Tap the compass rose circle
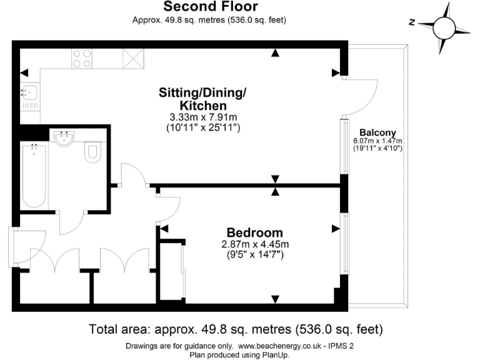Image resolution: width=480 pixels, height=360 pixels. (444, 27)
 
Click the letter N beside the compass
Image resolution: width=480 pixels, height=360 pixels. (412, 22)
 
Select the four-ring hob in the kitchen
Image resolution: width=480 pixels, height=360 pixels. (81, 58)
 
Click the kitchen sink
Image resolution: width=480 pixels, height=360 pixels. (29, 96)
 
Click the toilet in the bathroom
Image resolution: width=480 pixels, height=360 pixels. (92, 152)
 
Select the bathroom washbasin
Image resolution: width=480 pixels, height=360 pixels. (64, 138)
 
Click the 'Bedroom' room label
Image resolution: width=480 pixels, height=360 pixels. (251, 232)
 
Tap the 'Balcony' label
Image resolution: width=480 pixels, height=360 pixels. (377, 132)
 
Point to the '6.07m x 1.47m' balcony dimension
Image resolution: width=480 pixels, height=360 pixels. (377, 141)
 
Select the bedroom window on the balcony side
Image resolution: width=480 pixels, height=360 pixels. (344, 243)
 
